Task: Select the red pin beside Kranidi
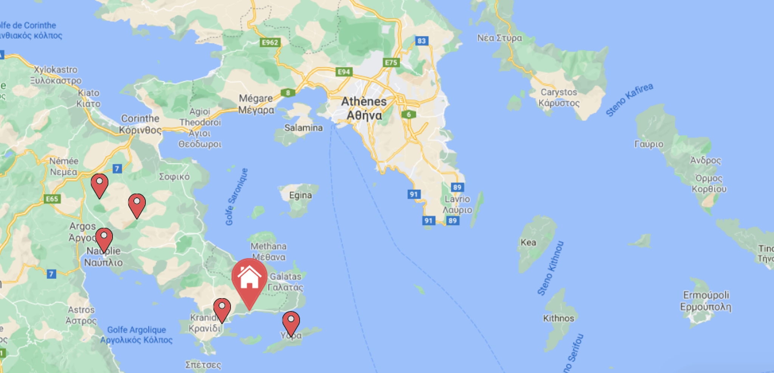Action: click(x=222, y=309)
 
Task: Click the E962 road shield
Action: click(x=270, y=42)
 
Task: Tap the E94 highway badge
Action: click(x=344, y=72)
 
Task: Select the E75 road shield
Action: click(x=391, y=62)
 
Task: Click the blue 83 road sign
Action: click(x=422, y=41)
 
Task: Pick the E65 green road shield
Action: click(x=52, y=199)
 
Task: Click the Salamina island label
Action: click(x=303, y=128)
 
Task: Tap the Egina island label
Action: click(x=300, y=195)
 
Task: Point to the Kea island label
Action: click(x=528, y=242)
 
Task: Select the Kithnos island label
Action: click(x=558, y=318)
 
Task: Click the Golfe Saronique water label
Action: click(x=237, y=197)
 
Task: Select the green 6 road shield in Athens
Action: click(x=409, y=114)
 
